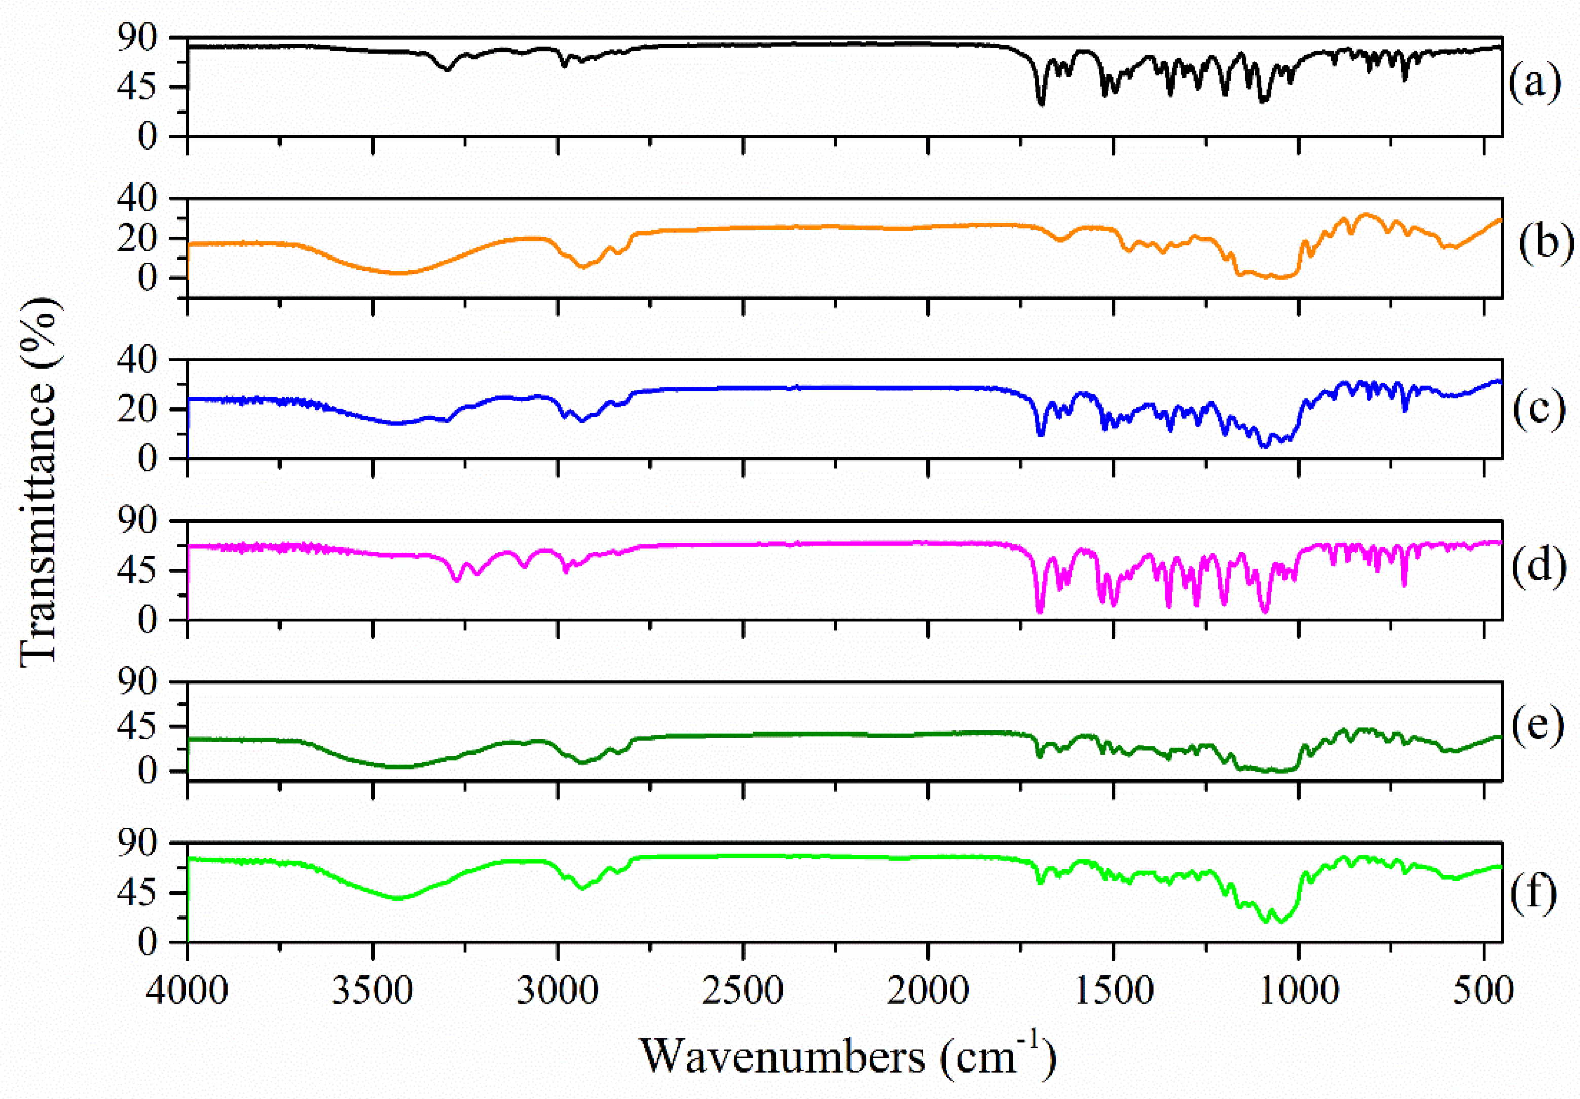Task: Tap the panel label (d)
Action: [1539, 565]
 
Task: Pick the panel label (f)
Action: [1534, 894]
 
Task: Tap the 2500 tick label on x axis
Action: [743, 991]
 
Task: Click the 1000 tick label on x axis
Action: [1299, 991]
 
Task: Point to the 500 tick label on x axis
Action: [1484, 991]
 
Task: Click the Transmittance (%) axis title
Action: [38, 482]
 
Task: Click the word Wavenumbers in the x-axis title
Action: [783, 1057]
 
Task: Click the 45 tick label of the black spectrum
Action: [157, 87]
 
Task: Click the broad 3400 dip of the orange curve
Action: [399, 273]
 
